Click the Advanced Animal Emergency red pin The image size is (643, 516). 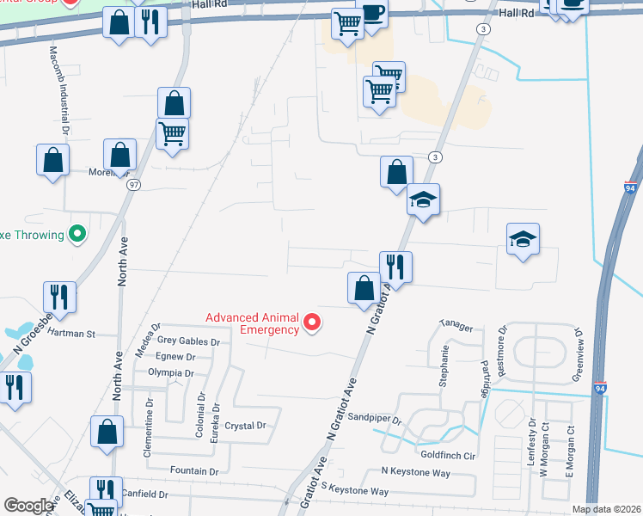coord(312,323)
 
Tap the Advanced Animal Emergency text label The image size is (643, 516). coord(252,323)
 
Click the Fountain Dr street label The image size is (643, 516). coord(194,471)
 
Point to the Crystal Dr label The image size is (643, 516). coord(246,426)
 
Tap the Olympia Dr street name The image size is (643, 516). coord(170,373)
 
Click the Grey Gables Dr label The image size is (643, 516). coord(188,341)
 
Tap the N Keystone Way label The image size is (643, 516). coord(416,473)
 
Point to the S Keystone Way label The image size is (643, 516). coord(355,491)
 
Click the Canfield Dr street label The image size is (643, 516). coord(145,494)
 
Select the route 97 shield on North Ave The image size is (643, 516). coord(133,185)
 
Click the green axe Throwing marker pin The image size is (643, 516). coord(77,233)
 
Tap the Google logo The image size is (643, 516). coord(28,506)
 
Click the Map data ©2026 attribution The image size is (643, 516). coord(607,509)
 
